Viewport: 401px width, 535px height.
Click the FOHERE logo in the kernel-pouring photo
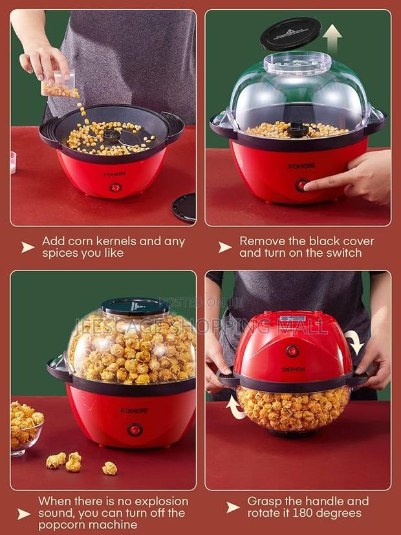coord(114,174)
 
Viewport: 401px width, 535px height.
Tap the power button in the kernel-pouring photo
coord(115,187)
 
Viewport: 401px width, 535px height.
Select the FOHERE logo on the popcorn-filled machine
coord(135,411)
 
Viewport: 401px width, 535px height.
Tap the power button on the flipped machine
coord(292,351)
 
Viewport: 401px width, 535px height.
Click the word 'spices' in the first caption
coord(61,253)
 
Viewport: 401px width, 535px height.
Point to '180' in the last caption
coord(307,513)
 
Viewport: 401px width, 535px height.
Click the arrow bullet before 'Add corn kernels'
coord(28,247)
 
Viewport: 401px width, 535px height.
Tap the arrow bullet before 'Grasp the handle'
coord(233,507)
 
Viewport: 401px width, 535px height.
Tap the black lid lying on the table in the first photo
coord(185,208)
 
